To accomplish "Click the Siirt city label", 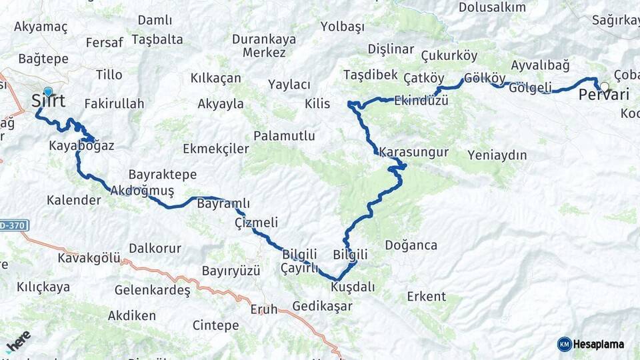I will pos(48,101).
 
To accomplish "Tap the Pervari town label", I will pos(603,95).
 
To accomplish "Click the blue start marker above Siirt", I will pos(48,91).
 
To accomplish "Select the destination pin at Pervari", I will pos(605,87).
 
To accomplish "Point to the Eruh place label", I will pos(263,309).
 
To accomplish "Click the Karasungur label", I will pos(413,152).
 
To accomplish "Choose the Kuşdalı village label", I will pos(353,287).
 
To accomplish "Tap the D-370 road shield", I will pos(13,225).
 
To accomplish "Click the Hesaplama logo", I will pos(591,344).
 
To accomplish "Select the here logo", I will pos(18,341).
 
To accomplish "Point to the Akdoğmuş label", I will pos(142,191).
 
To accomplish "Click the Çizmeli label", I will pos(256,222).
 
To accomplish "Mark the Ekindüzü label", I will pos(421,101).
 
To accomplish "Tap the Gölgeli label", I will pos(530,87).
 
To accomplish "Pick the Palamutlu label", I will pos(287,136).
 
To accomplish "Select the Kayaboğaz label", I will pos(81,145).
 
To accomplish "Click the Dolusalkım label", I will pos(492,7).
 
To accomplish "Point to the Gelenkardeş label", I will pos(153,291).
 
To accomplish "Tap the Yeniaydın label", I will pos(497,155).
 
